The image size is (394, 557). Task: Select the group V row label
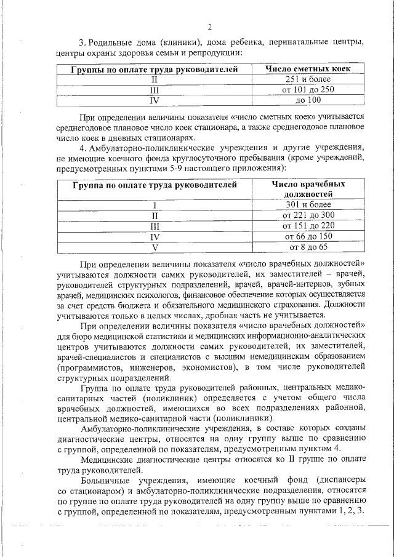(x=155, y=247)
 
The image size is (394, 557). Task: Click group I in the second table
(x=155, y=205)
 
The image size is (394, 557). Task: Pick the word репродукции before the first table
(x=211, y=53)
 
